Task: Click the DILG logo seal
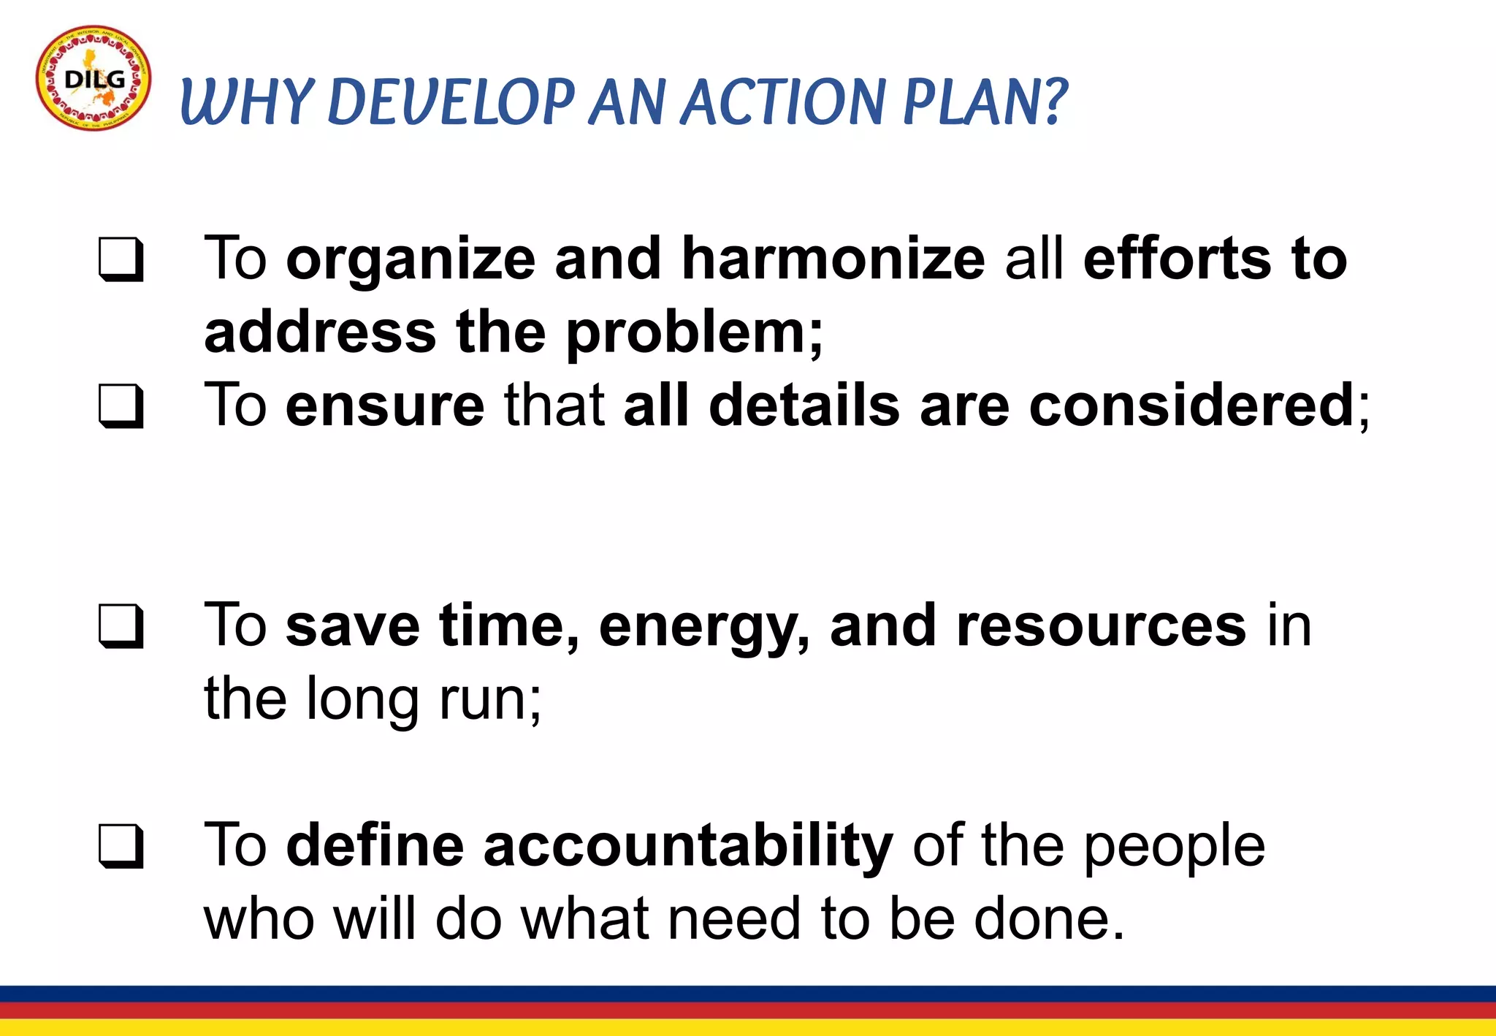point(93,78)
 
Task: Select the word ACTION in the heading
point(783,102)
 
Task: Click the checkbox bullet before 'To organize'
point(121,259)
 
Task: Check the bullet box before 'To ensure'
point(121,406)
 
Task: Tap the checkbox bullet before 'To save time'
point(121,626)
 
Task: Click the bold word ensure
point(385,406)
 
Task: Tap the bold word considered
point(1192,405)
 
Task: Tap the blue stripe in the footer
point(748,994)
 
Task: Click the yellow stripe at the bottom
point(748,1027)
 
